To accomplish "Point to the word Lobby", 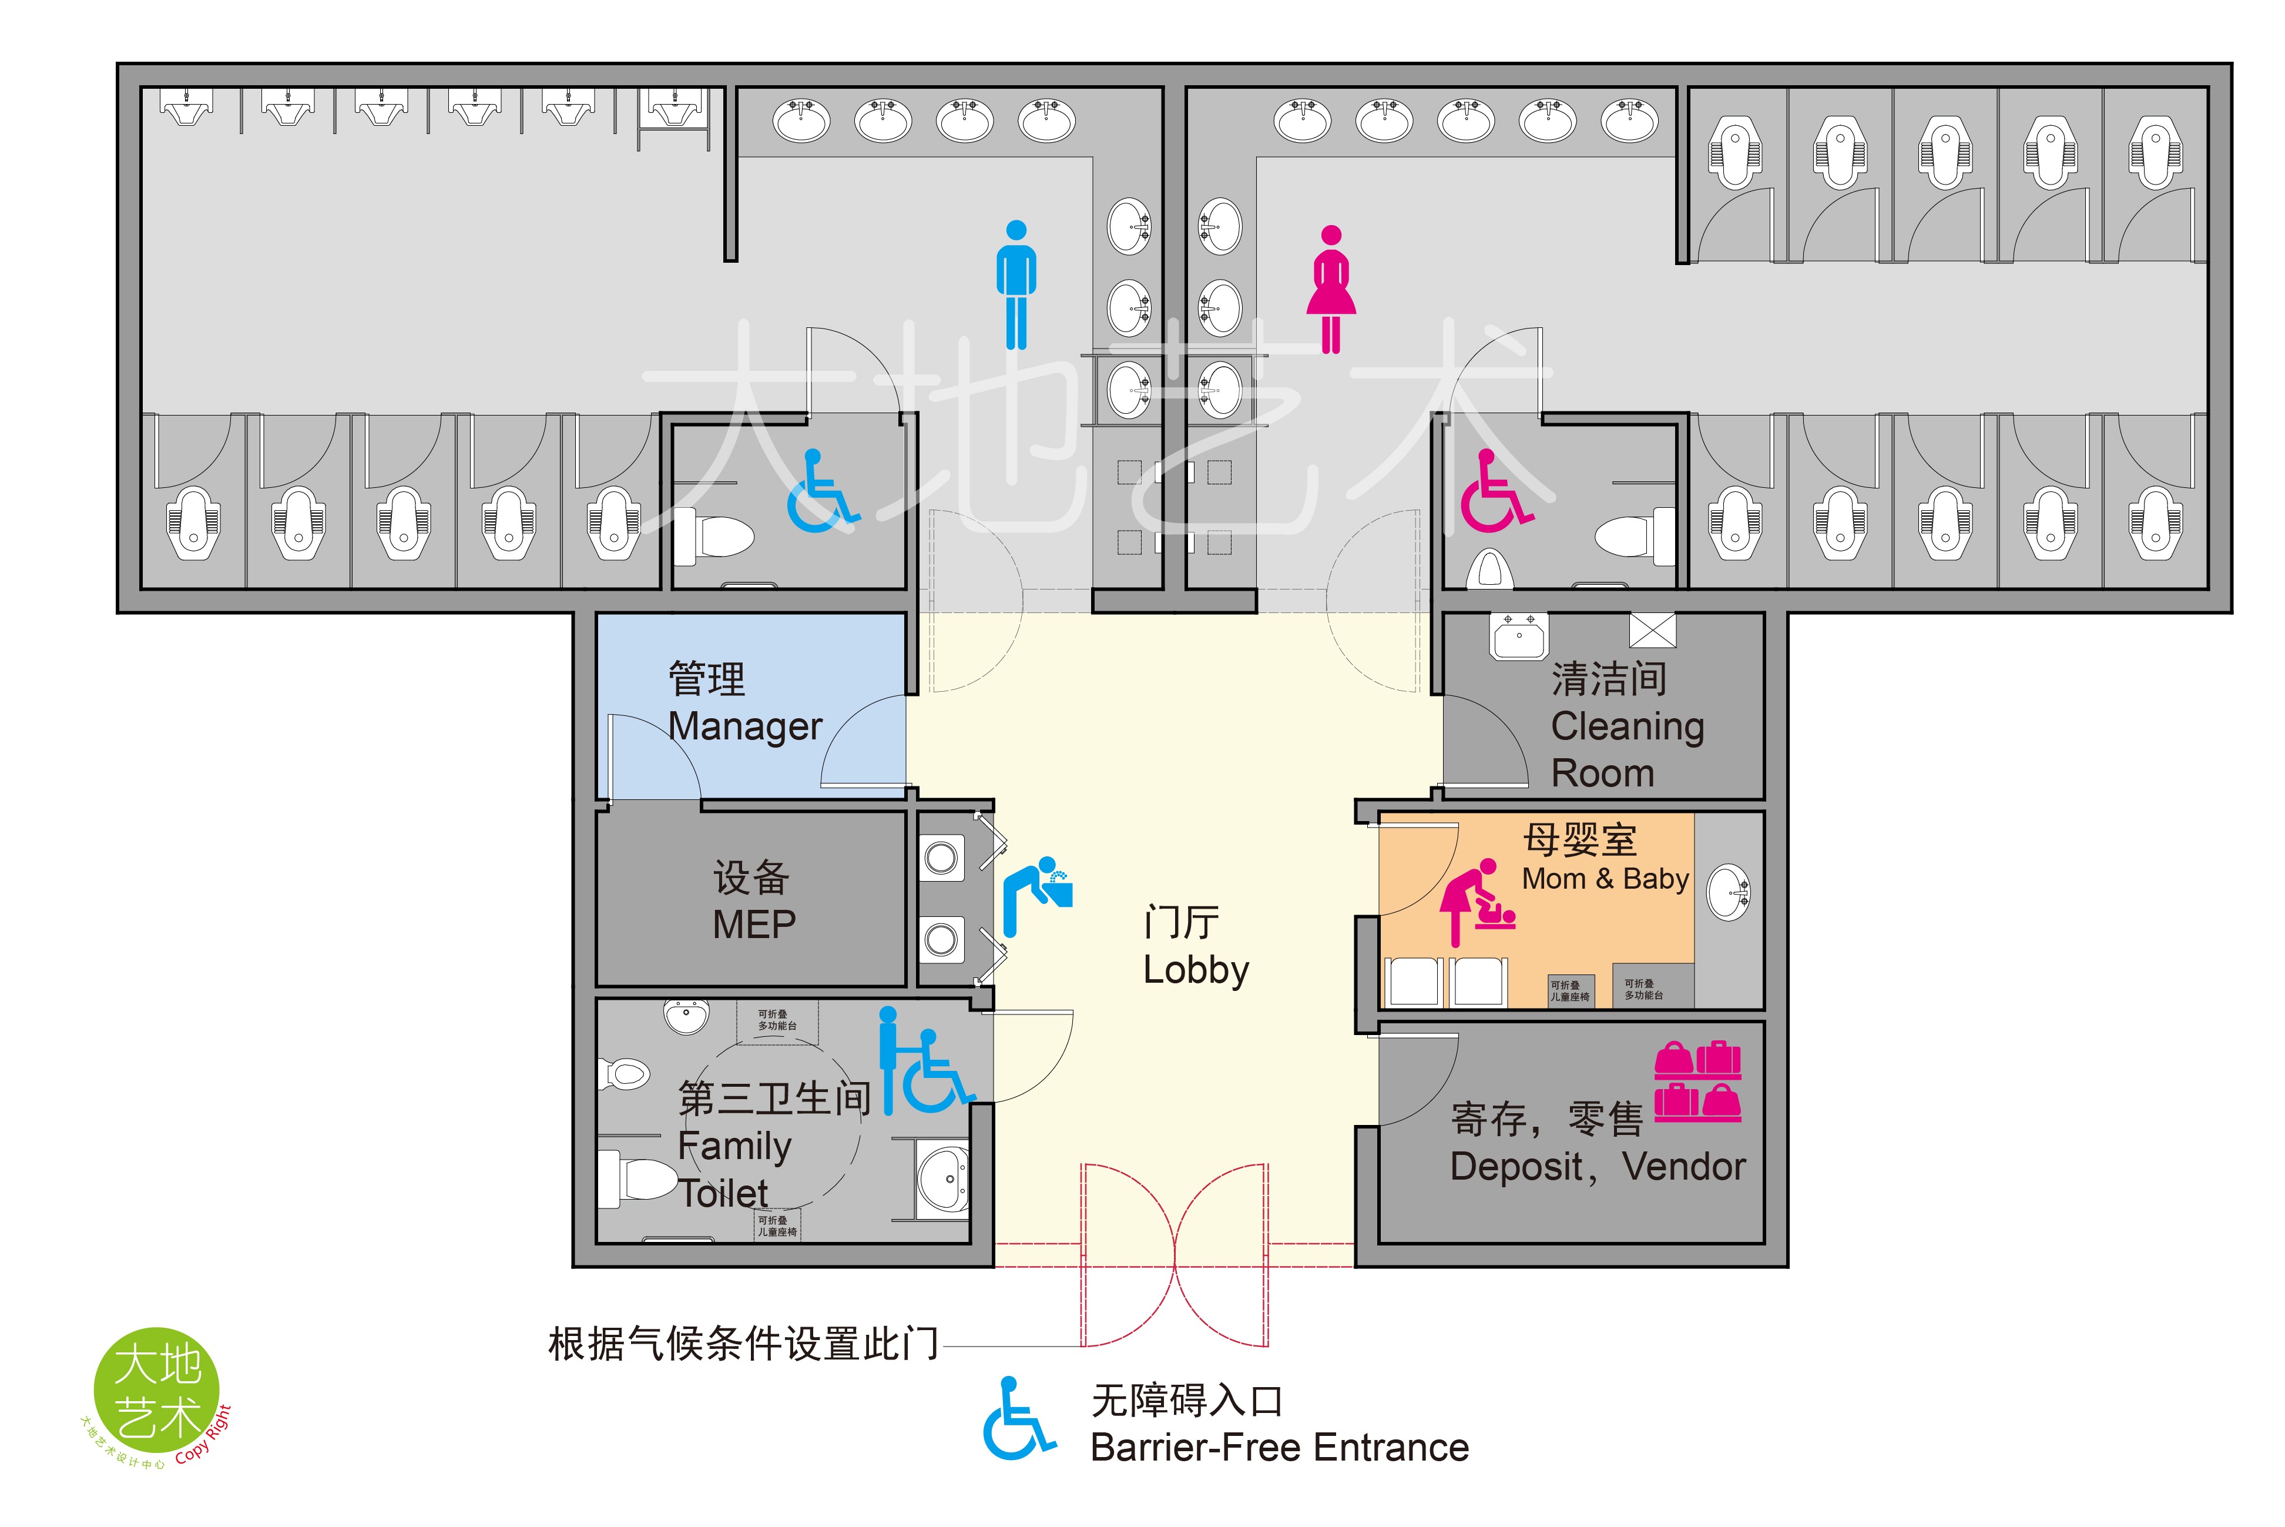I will click(x=1196, y=970).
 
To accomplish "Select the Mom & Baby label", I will click(x=1605, y=879).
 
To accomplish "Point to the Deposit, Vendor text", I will click(x=1596, y=1166).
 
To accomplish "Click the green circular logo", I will click(x=156, y=1391).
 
